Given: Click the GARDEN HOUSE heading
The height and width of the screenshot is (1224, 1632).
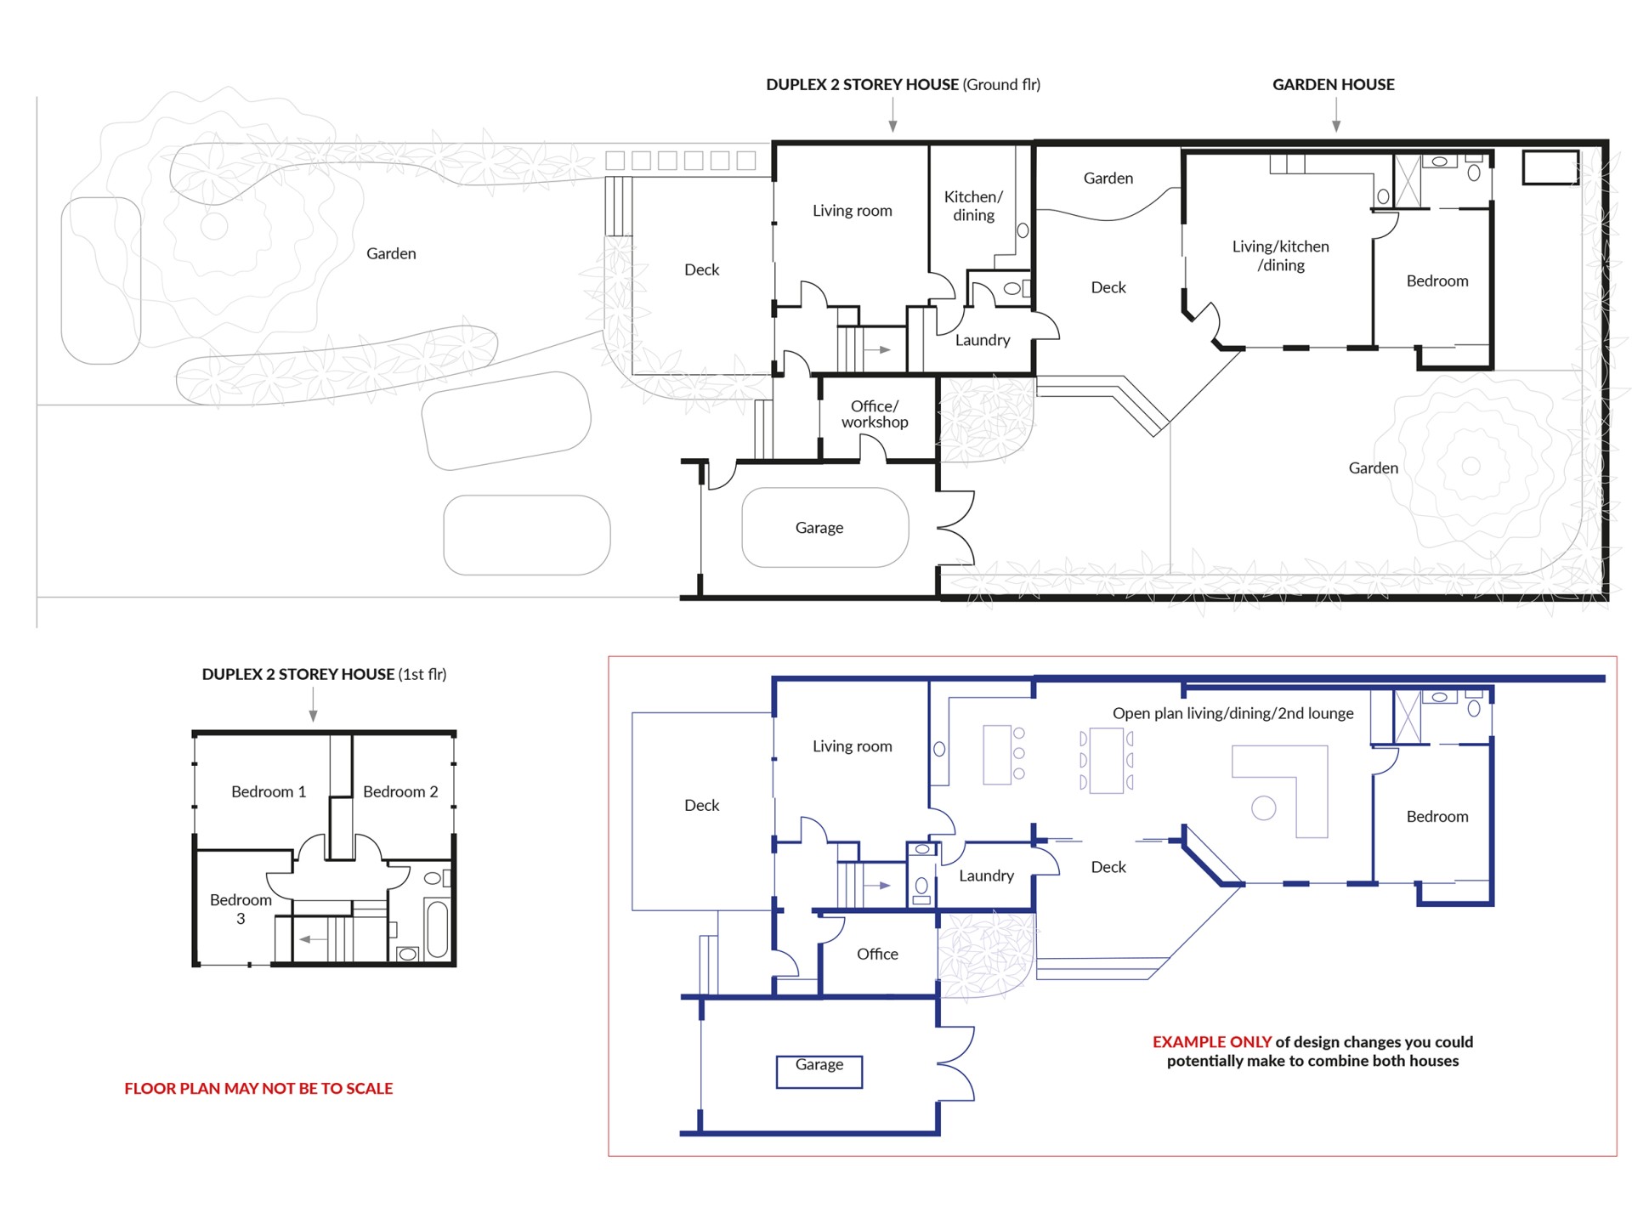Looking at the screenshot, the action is (x=1333, y=84).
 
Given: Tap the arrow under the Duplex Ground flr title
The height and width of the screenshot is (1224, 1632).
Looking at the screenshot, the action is (x=892, y=115).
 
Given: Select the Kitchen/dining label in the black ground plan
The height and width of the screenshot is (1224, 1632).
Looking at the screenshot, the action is (x=973, y=206).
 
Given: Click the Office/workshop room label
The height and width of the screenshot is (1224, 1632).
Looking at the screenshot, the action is (x=875, y=414).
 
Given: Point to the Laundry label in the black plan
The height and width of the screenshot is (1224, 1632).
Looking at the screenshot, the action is (x=983, y=340).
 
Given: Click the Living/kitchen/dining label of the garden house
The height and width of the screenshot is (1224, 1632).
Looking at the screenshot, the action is (x=1281, y=256).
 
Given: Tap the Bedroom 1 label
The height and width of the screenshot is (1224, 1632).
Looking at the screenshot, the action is (x=269, y=791).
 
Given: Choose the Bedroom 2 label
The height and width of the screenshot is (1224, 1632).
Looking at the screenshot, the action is (x=400, y=791).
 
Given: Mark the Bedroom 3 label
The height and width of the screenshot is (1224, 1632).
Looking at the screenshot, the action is (x=241, y=909).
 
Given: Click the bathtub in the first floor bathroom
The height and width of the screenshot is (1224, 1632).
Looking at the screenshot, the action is (x=437, y=929).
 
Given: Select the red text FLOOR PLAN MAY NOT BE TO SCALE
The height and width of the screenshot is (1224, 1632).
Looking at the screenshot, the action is (x=258, y=1088).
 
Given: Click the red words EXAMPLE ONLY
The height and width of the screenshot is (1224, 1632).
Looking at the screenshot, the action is (x=1212, y=1041).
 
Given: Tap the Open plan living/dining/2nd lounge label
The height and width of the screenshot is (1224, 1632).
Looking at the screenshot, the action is (x=1233, y=713).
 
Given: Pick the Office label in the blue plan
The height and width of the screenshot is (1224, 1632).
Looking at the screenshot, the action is (x=877, y=954).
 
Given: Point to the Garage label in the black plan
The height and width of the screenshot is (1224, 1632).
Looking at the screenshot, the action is (x=819, y=528).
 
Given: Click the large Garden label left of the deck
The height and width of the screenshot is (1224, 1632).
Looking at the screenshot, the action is (x=391, y=253).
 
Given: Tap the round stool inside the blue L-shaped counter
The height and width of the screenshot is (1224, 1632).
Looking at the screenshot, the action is (x=1264, y=807).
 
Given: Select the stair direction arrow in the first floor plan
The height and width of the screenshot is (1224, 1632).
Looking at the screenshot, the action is (x=313, y=939).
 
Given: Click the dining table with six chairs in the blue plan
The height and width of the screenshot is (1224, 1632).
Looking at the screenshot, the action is (x=1106, y=761).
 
